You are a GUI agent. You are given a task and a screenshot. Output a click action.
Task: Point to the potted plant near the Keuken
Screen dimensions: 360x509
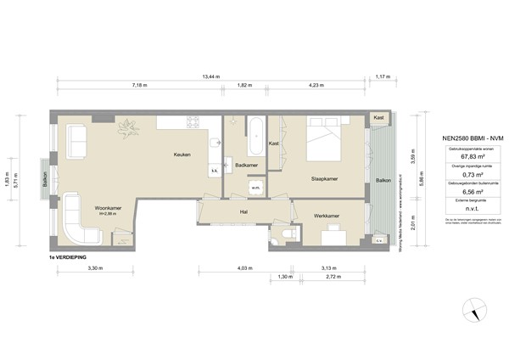pyautogui.click(x=129, y=128)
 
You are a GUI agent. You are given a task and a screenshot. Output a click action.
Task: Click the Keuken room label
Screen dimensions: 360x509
pyautogui.click(x=182, y=154)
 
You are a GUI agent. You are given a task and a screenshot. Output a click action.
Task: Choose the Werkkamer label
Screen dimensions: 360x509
pyautogui.click(x=326, y=217)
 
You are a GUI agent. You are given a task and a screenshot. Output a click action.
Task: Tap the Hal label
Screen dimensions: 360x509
pyautogui.click(x=243, y=212)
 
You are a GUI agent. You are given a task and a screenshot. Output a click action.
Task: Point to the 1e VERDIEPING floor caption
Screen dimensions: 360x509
pyautogui.click(x=69, y=255)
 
